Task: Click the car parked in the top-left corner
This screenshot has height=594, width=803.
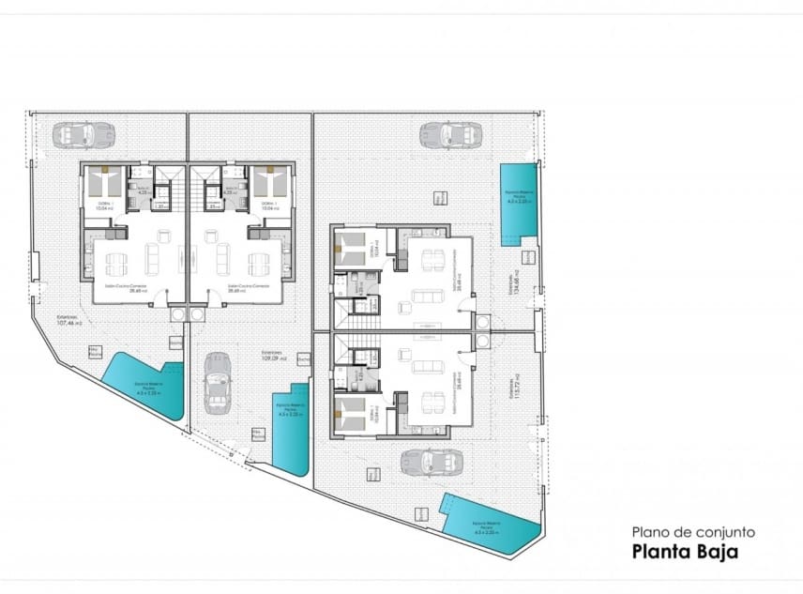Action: point(83,135)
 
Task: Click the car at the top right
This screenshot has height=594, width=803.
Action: point(450,135)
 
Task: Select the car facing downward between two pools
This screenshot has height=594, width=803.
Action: point(218,382)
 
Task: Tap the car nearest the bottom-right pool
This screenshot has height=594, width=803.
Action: point(432,463)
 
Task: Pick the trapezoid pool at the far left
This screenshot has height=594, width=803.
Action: point(145,385)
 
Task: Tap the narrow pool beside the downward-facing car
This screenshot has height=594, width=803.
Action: point(291,428)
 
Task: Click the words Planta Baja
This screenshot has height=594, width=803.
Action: point(685,552)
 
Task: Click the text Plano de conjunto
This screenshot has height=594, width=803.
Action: point(692,531)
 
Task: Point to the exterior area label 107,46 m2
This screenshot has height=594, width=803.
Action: point(69,321)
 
